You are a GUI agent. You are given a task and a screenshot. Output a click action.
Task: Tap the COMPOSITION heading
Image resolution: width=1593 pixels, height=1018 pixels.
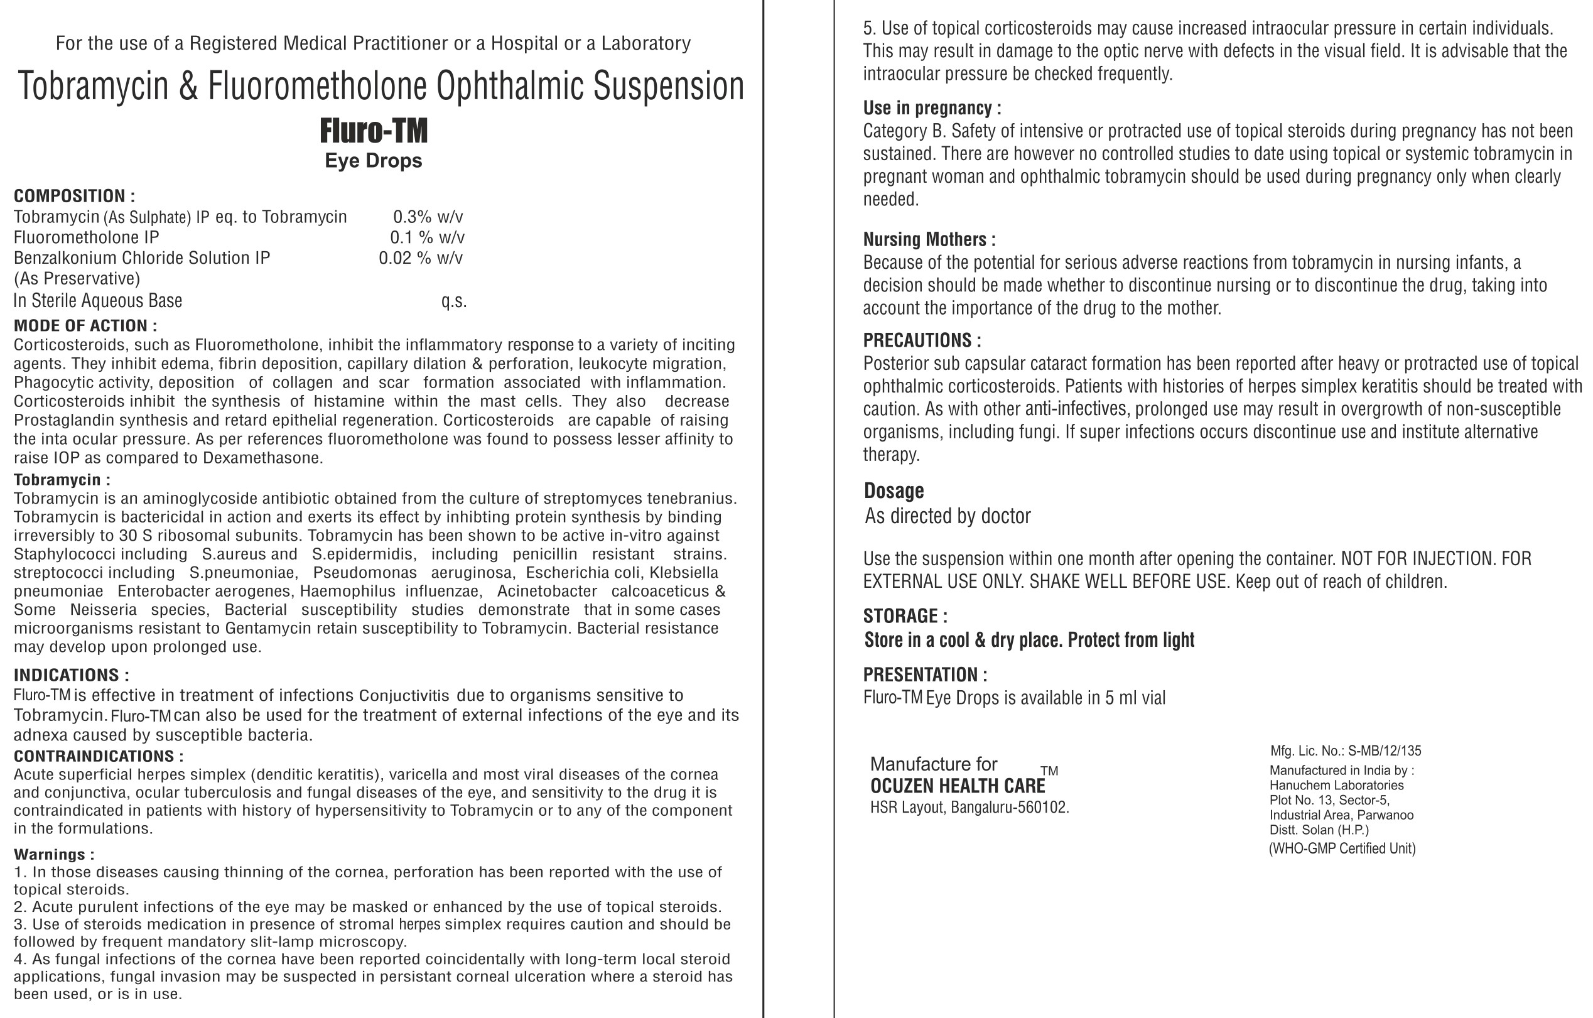pos(74,196)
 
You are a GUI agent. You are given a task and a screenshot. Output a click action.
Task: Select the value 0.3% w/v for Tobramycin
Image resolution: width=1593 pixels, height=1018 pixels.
pos(428,217)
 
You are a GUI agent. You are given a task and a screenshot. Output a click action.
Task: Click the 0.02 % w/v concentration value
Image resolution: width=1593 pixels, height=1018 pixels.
pos(420,258)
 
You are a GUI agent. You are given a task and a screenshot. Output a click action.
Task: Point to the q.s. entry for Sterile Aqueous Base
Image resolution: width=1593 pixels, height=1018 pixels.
pos(454,301)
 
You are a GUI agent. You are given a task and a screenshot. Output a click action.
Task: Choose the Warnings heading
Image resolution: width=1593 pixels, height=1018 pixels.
pos(54,854)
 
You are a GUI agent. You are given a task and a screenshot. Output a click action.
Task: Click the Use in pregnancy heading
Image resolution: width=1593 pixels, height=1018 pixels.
pos(931,108)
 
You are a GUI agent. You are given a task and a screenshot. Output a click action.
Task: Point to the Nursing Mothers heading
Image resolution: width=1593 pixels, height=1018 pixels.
pos(929,239)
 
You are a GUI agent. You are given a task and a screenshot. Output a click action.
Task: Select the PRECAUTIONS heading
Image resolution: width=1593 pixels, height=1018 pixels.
pos(922,340)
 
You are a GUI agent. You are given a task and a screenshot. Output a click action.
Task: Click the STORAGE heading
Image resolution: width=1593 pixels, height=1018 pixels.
pos(905,616)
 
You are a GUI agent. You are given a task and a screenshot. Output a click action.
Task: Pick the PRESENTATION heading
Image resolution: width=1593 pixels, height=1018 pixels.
pos(925,674)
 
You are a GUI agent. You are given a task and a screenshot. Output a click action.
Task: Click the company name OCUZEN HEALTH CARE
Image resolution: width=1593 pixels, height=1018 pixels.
pos(958,786)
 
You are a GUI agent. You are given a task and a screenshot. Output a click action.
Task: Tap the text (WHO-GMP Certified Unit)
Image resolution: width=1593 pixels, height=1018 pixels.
pos(1342,848)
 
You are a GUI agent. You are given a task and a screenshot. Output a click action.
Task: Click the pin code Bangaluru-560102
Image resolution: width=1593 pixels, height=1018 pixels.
pos(1010,808)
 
